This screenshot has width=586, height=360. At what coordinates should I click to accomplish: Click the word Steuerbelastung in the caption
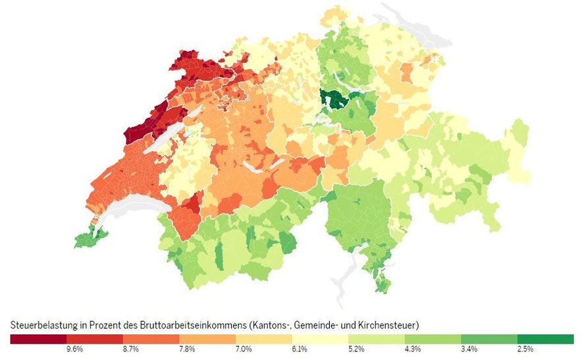(38, 326)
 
